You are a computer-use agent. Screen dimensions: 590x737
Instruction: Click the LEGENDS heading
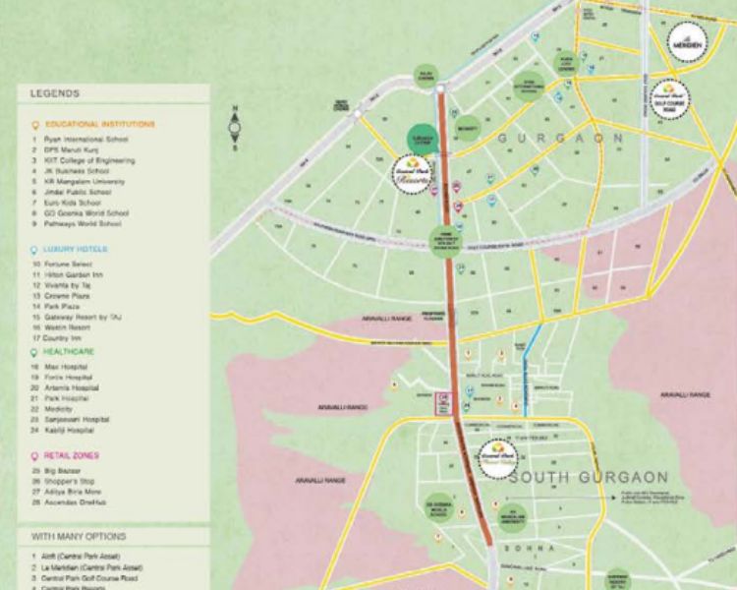point(55,93)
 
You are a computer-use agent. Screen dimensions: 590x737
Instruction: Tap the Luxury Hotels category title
point(76,250)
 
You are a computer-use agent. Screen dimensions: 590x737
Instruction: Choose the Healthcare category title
point(69,351)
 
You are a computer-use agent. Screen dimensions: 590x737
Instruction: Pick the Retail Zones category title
point(71,456)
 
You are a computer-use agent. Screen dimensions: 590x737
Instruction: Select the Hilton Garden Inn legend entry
point(77,275)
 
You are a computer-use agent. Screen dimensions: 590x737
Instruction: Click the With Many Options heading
point(78,537)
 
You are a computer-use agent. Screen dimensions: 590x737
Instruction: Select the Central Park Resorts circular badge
point(412,175)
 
